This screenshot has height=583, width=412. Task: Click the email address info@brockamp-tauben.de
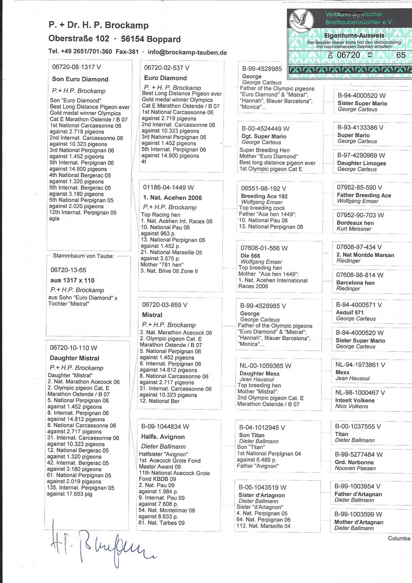tap(187, 52)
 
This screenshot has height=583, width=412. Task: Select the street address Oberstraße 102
tap(79, 39)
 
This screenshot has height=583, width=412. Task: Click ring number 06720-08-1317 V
tap(76, 67)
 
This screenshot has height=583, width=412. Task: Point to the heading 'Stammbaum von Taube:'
tap(83, 256)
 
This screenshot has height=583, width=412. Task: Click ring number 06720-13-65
tap(68, 270)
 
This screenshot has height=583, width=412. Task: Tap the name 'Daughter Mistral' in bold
tap(75, 358)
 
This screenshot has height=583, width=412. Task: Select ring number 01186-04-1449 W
tap(168, 187)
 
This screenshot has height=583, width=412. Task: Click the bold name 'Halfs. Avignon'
tap(163, 437)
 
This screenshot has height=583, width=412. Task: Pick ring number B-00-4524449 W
tap(265, 129)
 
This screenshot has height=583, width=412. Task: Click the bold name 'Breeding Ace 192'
tap(264, 196)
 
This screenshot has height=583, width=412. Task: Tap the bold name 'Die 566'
tap(250, 256)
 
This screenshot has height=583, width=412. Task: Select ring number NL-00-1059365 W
tap(265, 366)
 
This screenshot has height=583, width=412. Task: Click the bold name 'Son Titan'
tap(252, 435)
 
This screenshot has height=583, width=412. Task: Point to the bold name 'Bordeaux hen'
tap(355, 223)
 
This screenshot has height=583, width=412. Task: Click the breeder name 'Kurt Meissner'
tap(354, 229)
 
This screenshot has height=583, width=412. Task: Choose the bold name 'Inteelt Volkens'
tap(355, 401)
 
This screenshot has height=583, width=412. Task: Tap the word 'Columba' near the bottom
tap(399, 538)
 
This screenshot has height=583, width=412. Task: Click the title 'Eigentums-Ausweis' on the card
tap(354, 36)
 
